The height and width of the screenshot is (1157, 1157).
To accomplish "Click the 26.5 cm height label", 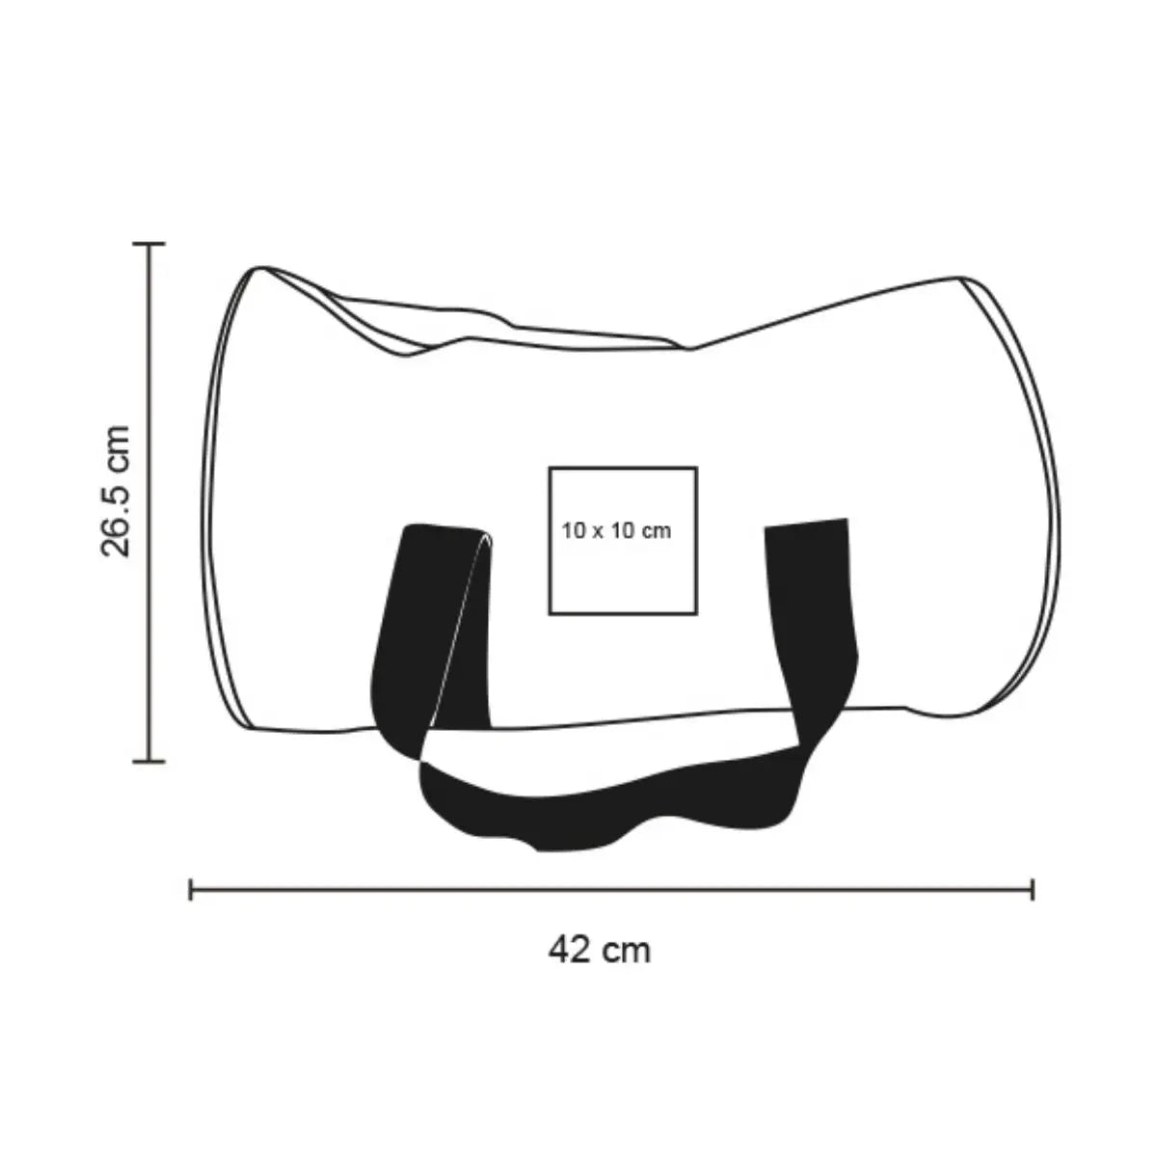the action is pos(116,491).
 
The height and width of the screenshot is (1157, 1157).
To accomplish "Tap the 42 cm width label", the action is pos(599,951).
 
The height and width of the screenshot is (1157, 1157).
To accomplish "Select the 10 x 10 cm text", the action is pos(616,530).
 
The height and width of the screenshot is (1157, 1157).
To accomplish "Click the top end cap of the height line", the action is pos(148,244).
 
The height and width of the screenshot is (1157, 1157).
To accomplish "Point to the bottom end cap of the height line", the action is pos(148,762).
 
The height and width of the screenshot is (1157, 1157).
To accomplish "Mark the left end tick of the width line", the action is pos(190,890).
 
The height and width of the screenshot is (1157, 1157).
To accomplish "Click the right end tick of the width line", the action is pos(1032,890).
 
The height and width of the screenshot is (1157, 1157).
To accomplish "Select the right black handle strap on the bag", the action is pos(811,631).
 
